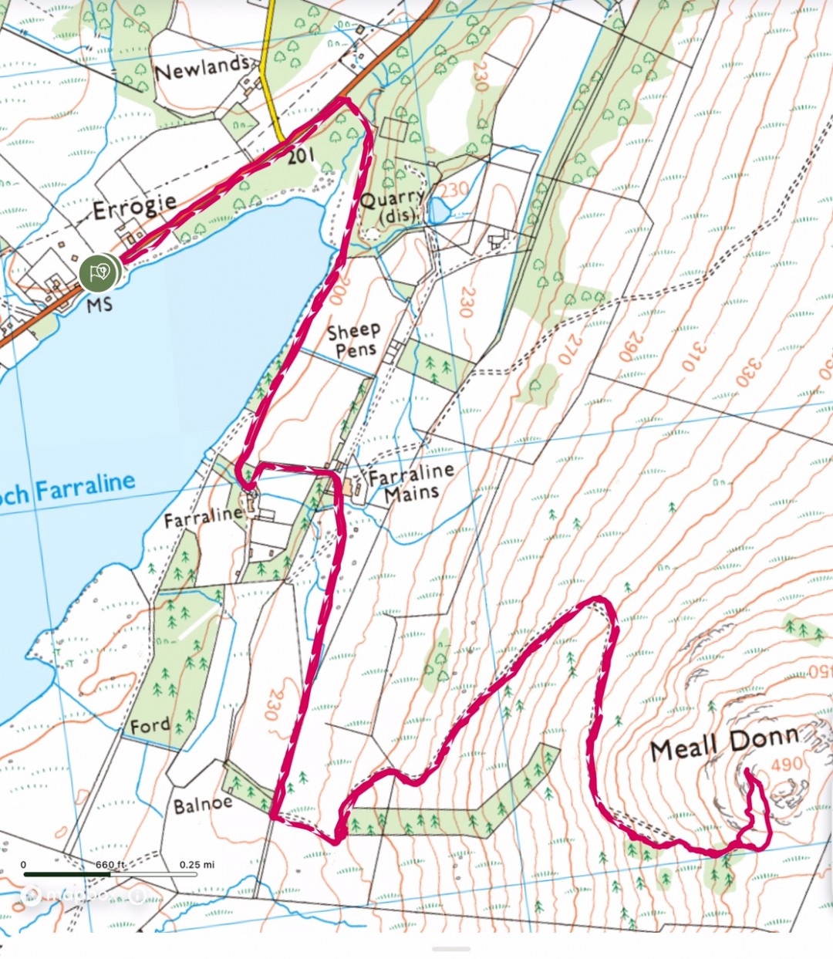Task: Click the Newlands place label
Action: click(202, 68)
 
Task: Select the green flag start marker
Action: click(98, 272)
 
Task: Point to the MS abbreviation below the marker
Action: click(99, 305)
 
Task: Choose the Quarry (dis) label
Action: click(392, 207)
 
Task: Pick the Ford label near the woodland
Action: click(150, 726)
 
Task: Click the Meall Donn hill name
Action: click(723, 743)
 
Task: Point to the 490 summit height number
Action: click(787, 764)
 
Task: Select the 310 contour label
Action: click(693, 356)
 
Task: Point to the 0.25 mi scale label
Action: click(197, 864)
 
